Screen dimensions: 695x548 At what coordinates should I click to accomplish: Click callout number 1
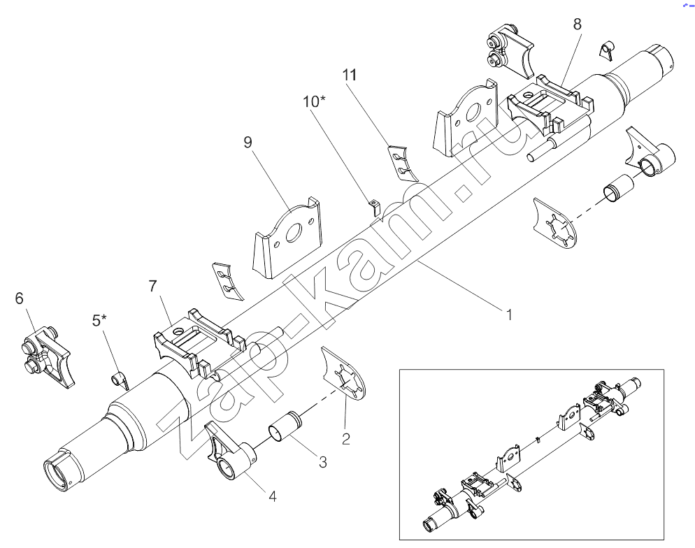tap(509, 315)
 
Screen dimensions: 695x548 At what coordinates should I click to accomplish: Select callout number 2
tap(345, 438)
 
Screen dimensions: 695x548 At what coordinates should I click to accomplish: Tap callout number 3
tap(323, 462)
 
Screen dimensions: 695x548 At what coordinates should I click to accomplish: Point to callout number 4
tap(273, 496)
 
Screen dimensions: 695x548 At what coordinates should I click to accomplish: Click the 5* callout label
tap(100, 320)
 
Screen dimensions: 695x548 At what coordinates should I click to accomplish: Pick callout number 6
tap(19, 298)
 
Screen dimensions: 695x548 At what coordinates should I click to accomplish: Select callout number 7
tap(153, 287)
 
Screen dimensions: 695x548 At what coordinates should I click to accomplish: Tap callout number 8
tap(577, 24)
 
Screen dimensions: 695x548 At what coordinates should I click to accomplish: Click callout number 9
tap(248, 142)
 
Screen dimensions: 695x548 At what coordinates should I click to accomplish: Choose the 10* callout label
tap(314, 101)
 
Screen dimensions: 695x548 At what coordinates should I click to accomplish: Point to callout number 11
tap(350, 75)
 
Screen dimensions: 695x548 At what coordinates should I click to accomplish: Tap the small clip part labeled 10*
tap(375, 207)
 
